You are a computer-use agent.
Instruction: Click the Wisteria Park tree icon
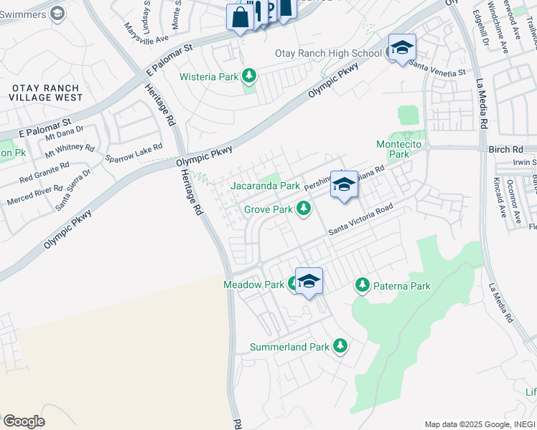pos(249,75)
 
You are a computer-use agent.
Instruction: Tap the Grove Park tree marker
pos(304,209)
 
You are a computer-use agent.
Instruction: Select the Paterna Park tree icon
pos(363,285)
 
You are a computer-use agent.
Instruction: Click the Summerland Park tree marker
pos(340,346)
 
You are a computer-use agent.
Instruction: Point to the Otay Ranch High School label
pos(328,53)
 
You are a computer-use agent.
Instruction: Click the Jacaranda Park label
pos(265,186)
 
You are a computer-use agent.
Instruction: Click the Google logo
pos(24,421)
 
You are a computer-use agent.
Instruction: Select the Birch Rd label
pos(508,150)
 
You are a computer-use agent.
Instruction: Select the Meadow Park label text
pos(253,285)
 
